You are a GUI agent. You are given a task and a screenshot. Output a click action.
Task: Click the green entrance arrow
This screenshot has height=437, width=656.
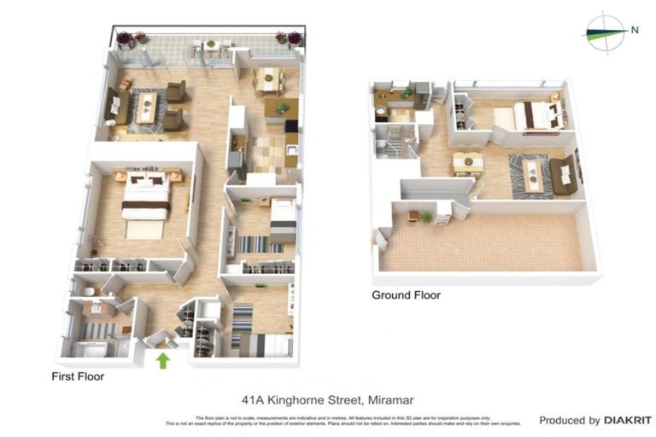point(162,360)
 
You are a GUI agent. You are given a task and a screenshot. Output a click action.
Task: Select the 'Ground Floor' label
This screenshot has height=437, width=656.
point(406,295)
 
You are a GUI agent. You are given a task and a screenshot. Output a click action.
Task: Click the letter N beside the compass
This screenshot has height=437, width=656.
point(634,30)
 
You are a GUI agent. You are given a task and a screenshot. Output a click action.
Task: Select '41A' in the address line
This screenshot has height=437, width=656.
point(253,399)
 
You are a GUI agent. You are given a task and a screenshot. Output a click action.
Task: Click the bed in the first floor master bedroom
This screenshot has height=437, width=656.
point(144,201)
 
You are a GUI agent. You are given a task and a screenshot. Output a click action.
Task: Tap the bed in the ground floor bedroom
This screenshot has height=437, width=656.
point(527,116)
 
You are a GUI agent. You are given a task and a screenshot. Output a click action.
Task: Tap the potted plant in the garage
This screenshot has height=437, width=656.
point(425,218)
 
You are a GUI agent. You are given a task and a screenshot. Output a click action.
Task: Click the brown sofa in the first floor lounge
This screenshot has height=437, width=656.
point(115,106)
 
